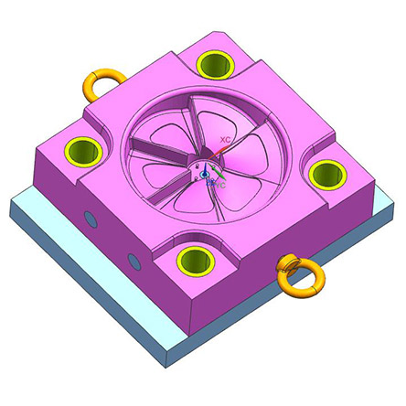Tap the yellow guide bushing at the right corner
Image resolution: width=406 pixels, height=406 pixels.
click(x=325, y=171)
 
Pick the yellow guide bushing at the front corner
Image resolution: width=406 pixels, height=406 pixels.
click(x=192, y=259)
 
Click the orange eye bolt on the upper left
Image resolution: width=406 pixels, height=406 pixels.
click(x=100, y=84)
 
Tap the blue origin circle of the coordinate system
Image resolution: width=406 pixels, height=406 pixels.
click(x=206, y=173)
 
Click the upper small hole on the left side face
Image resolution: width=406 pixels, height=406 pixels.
click(x=90, y=219)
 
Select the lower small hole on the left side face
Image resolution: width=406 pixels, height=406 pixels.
click(x=134, y=262)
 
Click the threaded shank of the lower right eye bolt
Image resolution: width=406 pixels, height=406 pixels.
click(x=285, y=264)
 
